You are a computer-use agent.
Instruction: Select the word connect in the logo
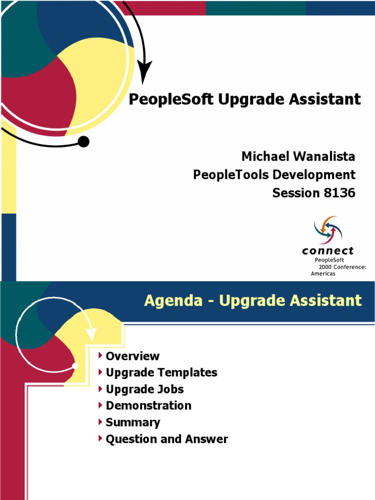point(328,251)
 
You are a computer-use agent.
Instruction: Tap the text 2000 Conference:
point(342,267)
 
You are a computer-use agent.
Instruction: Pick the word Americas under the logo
point(323,274)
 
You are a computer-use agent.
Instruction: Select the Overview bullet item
point(132,356)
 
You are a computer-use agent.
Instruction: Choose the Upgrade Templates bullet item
point(161,373)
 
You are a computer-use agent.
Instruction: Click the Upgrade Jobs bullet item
point(145,389)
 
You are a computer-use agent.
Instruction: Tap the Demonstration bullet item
point(148,406)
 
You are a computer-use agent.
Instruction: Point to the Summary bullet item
point(133,422)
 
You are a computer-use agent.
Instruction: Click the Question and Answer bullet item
point(167,439)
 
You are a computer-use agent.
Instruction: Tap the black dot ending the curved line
point(83,142)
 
